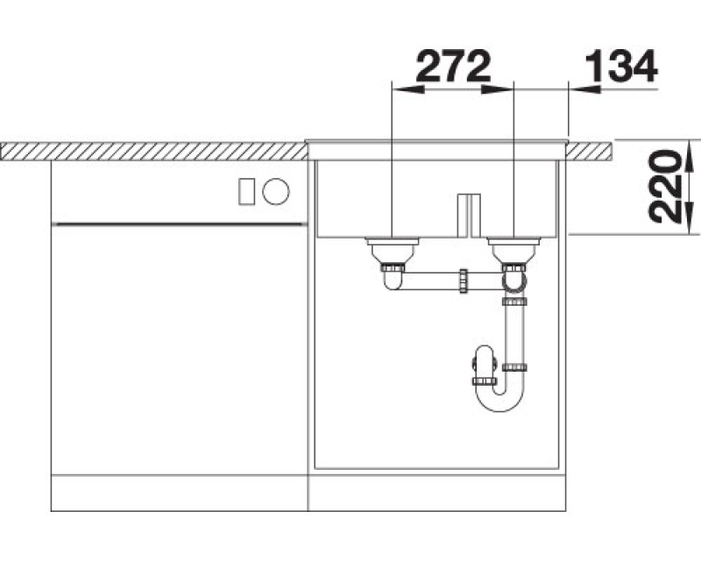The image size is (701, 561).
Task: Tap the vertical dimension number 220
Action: (x=665, y=187)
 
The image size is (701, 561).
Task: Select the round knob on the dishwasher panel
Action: (x=276, y=191)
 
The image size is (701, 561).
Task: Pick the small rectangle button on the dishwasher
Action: (x=247, y=191)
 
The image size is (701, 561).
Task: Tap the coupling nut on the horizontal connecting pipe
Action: (x=464, y=281)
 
